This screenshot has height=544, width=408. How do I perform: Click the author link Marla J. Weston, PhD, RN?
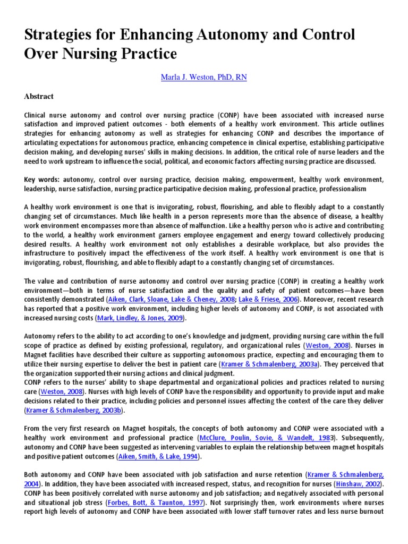coord(203,78)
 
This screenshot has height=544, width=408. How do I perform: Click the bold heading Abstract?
coord(39,97)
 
